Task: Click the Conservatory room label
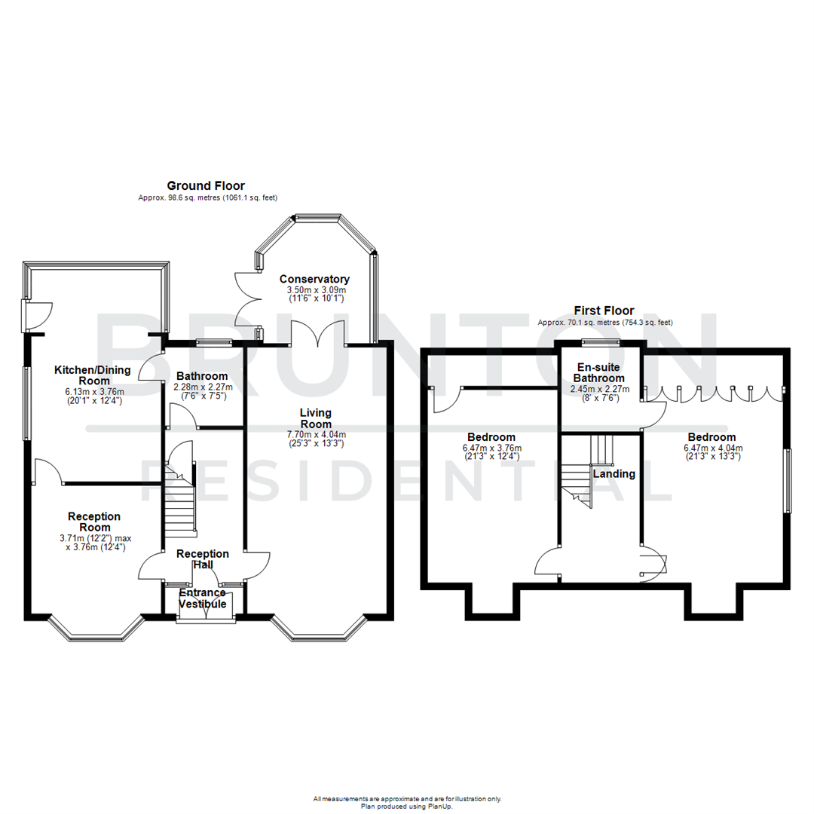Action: tap(314, 279)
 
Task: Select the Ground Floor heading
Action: tap(206, 185)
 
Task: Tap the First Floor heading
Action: tap(604, 310)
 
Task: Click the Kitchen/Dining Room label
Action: tap(93, 375)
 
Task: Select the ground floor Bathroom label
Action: tap(202, 376)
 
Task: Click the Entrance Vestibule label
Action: tap(202, 598)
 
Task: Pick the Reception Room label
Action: tap(94, 522)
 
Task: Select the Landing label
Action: tap(614, 474)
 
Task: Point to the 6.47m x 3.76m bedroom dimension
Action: tap(491, 448)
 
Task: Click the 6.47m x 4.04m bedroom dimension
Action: tap(711, 447)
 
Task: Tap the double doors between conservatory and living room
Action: tap(319, 334)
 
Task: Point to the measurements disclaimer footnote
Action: tap(407, 800)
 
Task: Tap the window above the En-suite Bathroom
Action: tap(601, 343)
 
